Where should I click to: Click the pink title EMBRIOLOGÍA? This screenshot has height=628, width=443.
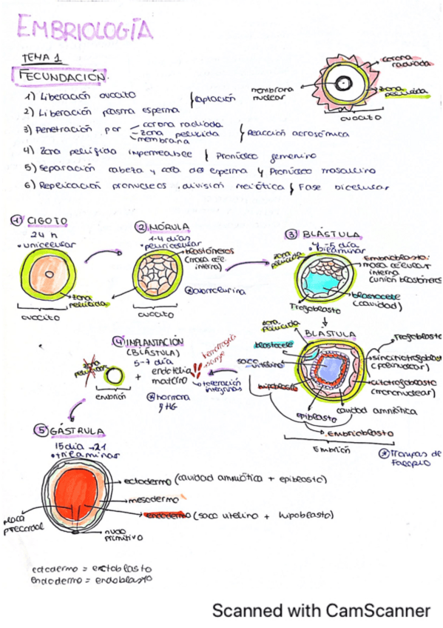tap(85, 30)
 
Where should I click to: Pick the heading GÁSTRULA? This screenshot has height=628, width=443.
tap(78, 430)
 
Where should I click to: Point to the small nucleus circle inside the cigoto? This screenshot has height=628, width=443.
tap(47, 273)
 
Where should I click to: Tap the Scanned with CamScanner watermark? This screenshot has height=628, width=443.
tap(320, 610)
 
